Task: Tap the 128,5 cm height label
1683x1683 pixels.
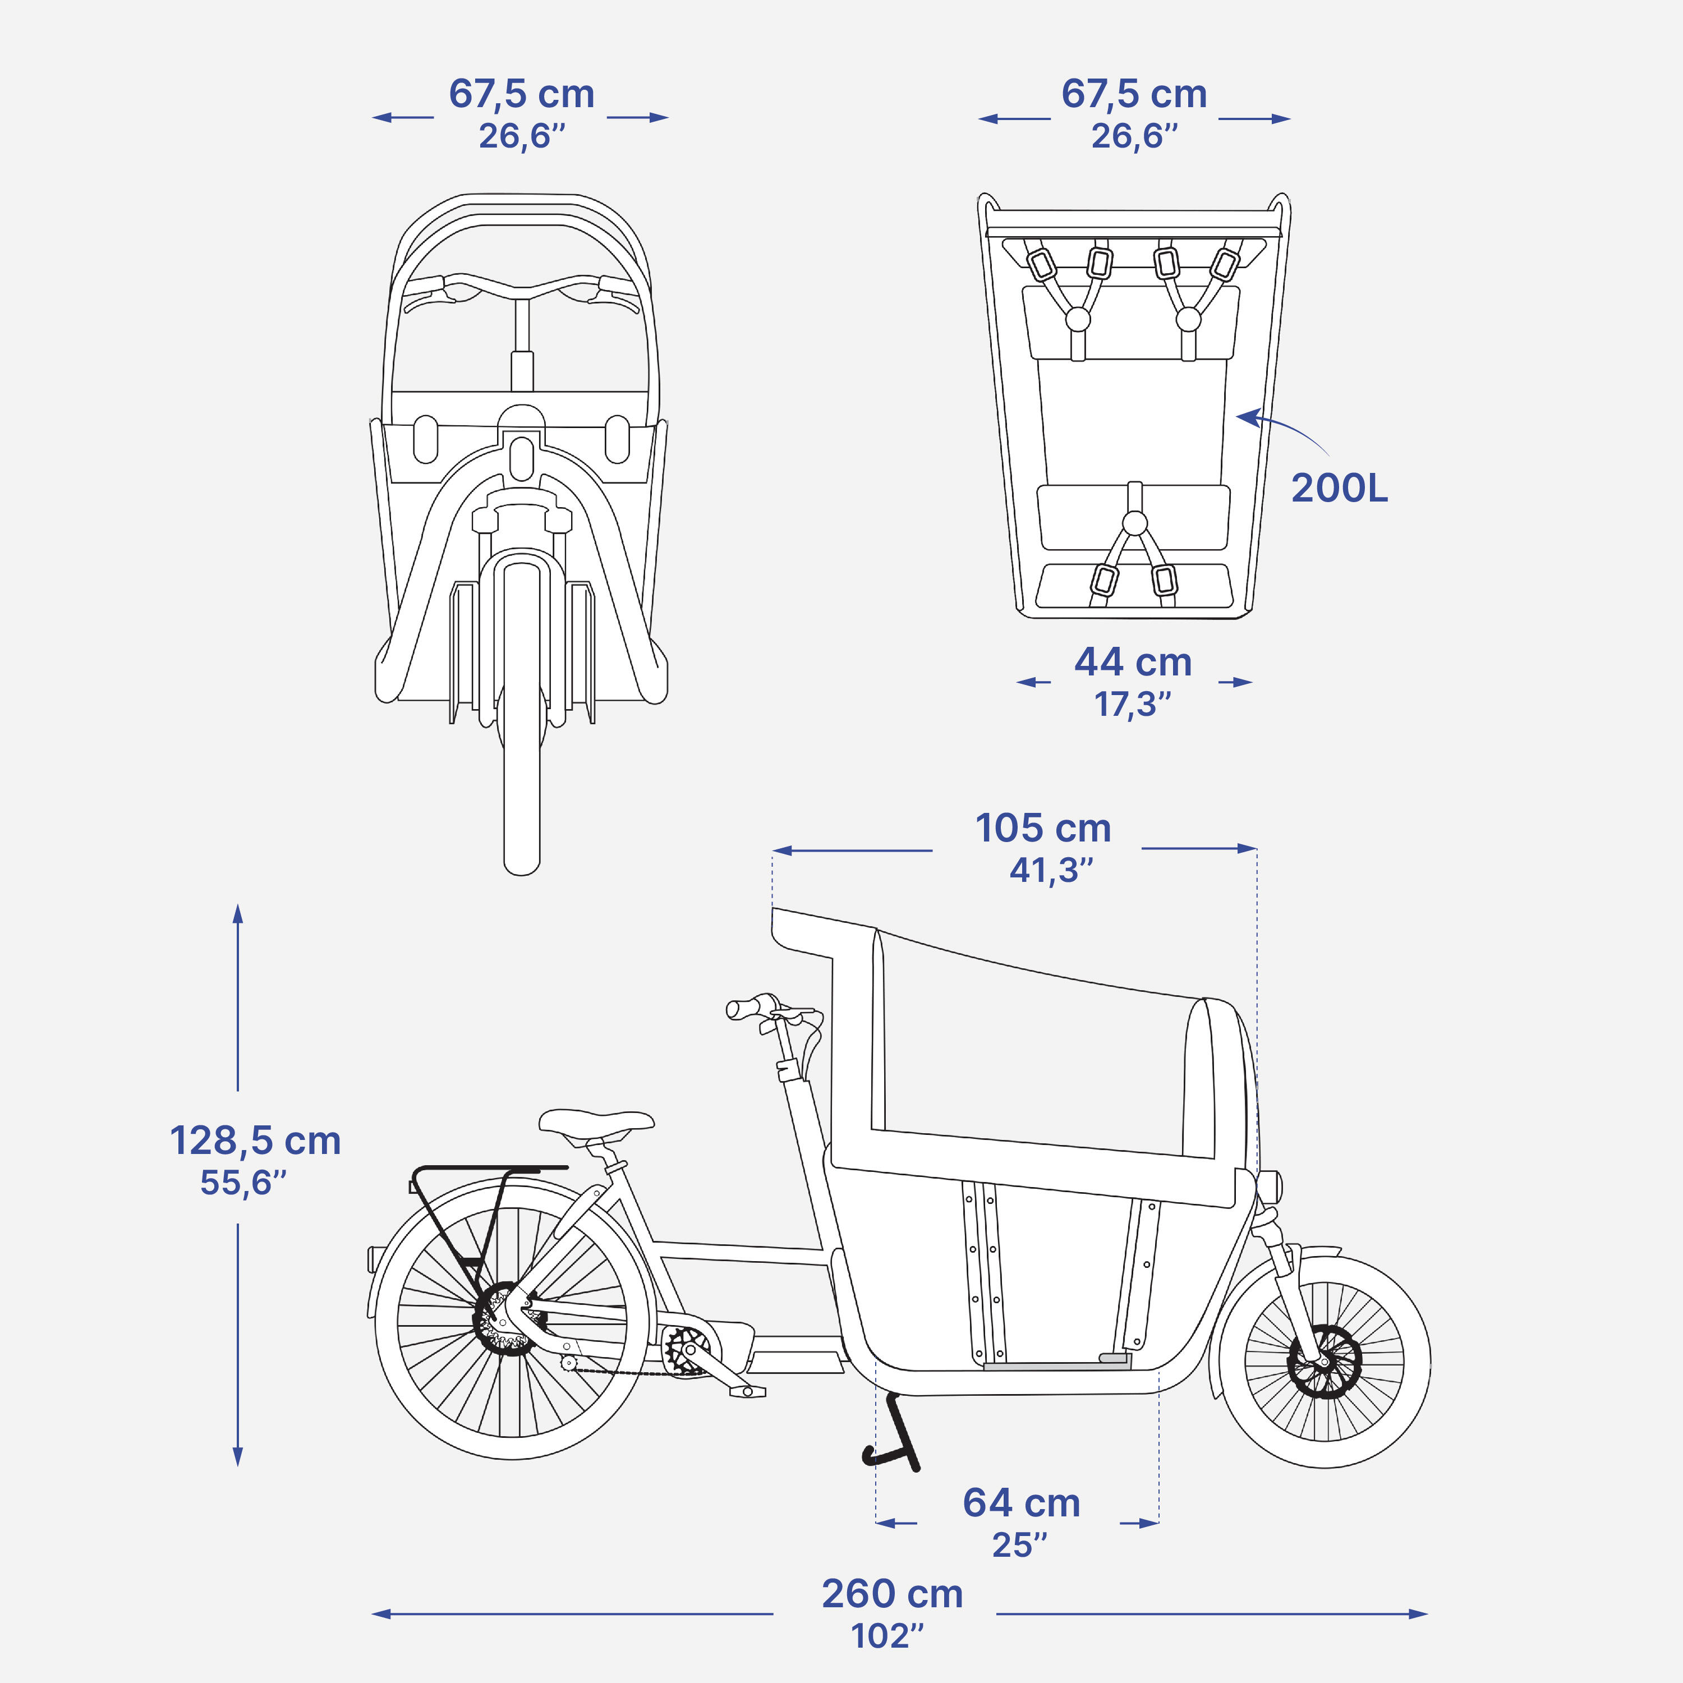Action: click(255, 1141)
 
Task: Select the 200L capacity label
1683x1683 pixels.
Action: click(1339, 488)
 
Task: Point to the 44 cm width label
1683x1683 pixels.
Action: click(1133, 662)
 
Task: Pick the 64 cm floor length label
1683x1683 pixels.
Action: click(1021, 1503)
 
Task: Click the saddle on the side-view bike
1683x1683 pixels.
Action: click(596, 1123)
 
